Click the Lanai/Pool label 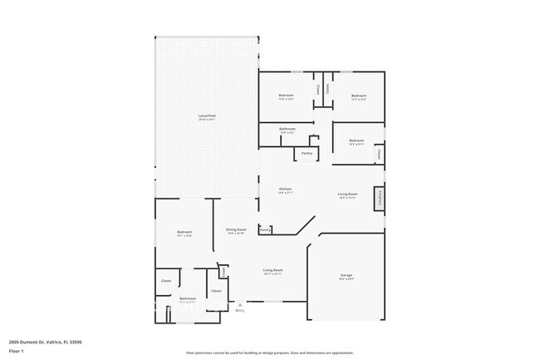pos(206,116)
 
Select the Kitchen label pos(285,190)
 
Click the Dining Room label pos(236,229)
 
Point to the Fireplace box pos(379,198)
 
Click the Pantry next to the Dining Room pos(265,230)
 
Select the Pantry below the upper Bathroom pos(307,153)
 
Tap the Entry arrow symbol pos(239,304)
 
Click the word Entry pos(239,311)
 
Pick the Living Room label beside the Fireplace pos(347,195)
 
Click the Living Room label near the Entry pos(273,270)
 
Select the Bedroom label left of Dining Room pos(184,232)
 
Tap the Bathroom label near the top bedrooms pos(287,129)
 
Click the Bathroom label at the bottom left pos(187,298)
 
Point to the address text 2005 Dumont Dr pos(45,342)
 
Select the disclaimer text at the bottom pos(269,353)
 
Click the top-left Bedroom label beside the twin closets pos(286,96)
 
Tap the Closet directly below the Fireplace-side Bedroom pos(378,153)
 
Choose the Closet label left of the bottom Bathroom pos(165,281)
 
